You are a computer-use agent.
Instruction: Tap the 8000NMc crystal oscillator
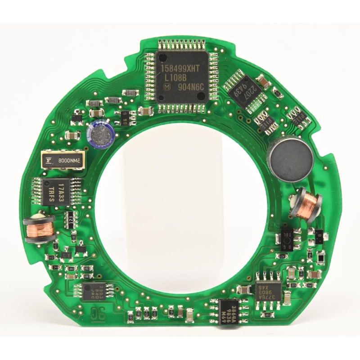(63, 160)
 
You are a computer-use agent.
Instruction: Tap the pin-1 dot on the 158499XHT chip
(163, 58)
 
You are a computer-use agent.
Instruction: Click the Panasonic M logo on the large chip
(167, 86)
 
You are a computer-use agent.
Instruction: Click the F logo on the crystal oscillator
(48, 160)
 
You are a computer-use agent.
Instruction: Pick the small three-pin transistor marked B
(319, 235)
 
